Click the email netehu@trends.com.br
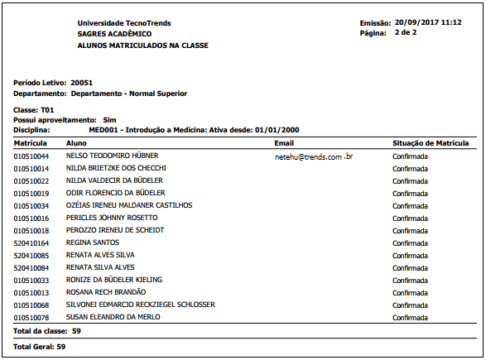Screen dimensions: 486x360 [314, 156]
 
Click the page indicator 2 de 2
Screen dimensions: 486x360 [406, 32]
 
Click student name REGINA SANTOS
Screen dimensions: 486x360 [93, 242]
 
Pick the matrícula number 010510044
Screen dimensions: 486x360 [31, 156]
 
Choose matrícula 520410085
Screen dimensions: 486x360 [31, 255]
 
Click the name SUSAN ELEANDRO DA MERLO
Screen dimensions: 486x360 [113, 317]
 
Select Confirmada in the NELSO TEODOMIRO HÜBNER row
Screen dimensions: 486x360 [410, 156]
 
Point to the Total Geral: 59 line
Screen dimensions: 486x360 [39, 346]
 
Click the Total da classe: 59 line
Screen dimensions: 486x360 [47, 331]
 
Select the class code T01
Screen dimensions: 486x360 [46, 110]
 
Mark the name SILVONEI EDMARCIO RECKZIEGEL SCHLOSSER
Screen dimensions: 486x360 [140, 305]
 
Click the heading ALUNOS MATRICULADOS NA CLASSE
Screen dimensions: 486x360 [142, 45]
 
